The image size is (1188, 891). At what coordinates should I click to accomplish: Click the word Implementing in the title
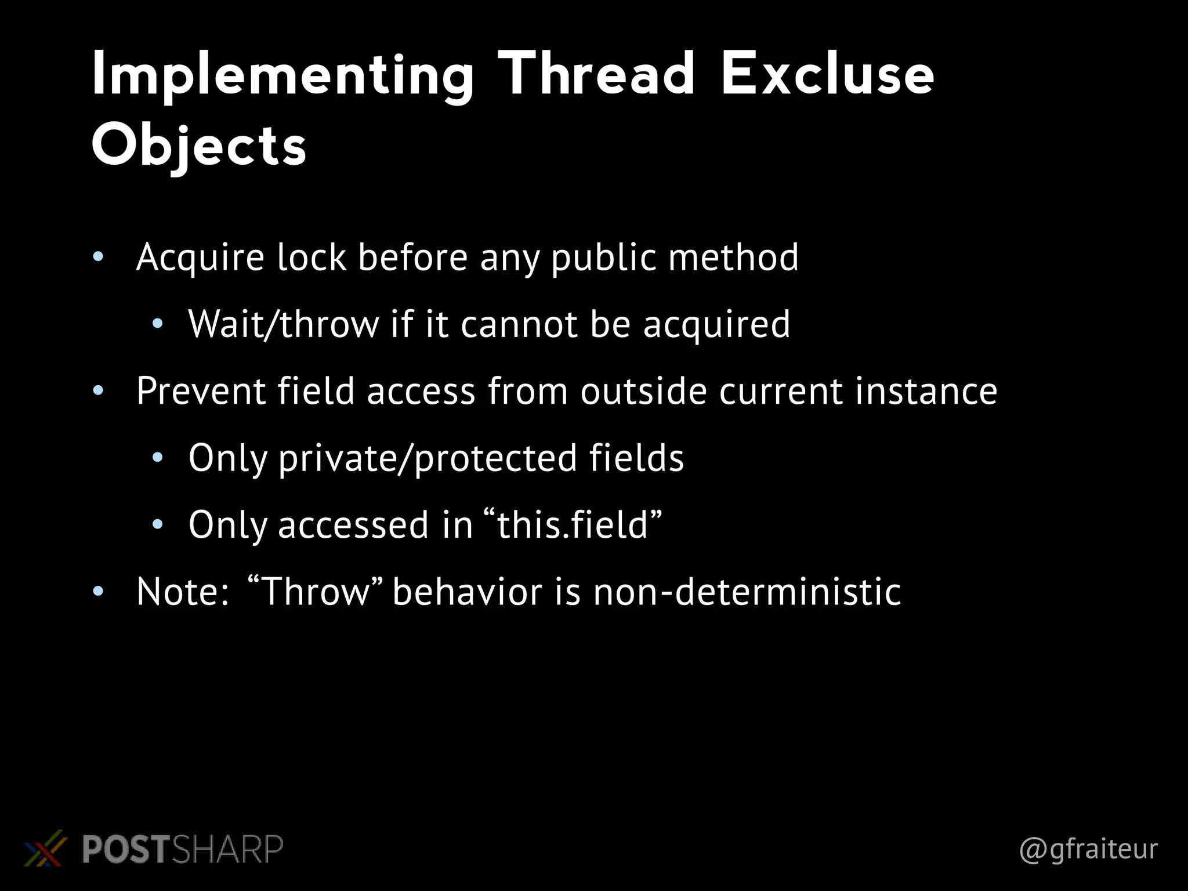282,75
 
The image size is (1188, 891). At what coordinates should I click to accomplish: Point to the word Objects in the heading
199,145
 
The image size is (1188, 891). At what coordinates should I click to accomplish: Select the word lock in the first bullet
312,258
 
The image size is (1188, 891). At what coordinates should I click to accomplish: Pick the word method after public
733,258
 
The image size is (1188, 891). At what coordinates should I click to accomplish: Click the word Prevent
201,391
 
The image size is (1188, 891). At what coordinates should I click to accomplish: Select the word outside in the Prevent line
643,391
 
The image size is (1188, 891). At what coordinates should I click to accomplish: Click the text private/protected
428,458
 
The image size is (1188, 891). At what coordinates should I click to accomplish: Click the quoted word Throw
316,592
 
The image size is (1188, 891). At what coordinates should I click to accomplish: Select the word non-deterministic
747,592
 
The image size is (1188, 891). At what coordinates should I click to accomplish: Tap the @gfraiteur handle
1088,849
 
